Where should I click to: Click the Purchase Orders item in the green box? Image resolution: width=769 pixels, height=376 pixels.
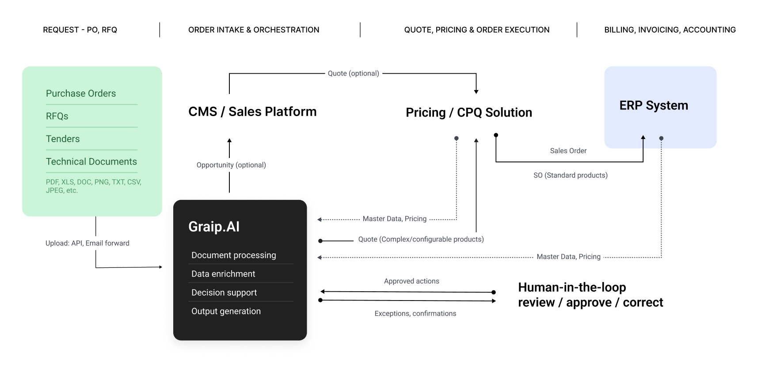tap(81, 94)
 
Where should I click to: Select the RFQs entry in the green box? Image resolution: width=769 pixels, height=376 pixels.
tap(57, 116)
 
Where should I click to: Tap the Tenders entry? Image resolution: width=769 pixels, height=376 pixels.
tap(63, 139)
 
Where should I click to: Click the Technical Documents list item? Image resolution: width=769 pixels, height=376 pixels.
tap(91, 162)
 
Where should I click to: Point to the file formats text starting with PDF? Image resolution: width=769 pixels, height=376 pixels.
tap(94, 186)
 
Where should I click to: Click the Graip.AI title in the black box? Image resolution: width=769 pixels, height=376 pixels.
tap(214, 227)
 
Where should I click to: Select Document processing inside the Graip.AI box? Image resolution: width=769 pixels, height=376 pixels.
tap(234, 255)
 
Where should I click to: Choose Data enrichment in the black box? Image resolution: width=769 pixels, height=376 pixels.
tap(223, 274)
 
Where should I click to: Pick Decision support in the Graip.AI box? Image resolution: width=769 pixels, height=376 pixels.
tap(224, 293)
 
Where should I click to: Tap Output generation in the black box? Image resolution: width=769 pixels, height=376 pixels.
tap(226, 311)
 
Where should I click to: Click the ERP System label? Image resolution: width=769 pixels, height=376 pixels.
tap(654, 105)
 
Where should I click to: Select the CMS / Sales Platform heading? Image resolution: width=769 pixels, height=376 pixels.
tap(252, 112)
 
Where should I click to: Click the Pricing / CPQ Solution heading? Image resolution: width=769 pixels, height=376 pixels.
tap(469, 113)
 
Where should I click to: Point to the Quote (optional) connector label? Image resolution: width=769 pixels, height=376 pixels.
tap(354, 73)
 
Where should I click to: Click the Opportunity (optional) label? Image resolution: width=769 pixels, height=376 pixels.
tap(231, 165)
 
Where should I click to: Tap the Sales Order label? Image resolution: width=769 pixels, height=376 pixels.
tap(568, 151)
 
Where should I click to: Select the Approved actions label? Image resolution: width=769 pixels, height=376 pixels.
tap(411, 281)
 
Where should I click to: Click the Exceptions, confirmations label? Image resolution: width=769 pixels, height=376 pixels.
tap(415, 313)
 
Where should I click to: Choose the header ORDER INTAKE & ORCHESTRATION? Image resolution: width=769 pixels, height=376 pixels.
tap(254, 30)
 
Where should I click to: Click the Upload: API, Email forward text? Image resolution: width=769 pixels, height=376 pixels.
tap(88, 243)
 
